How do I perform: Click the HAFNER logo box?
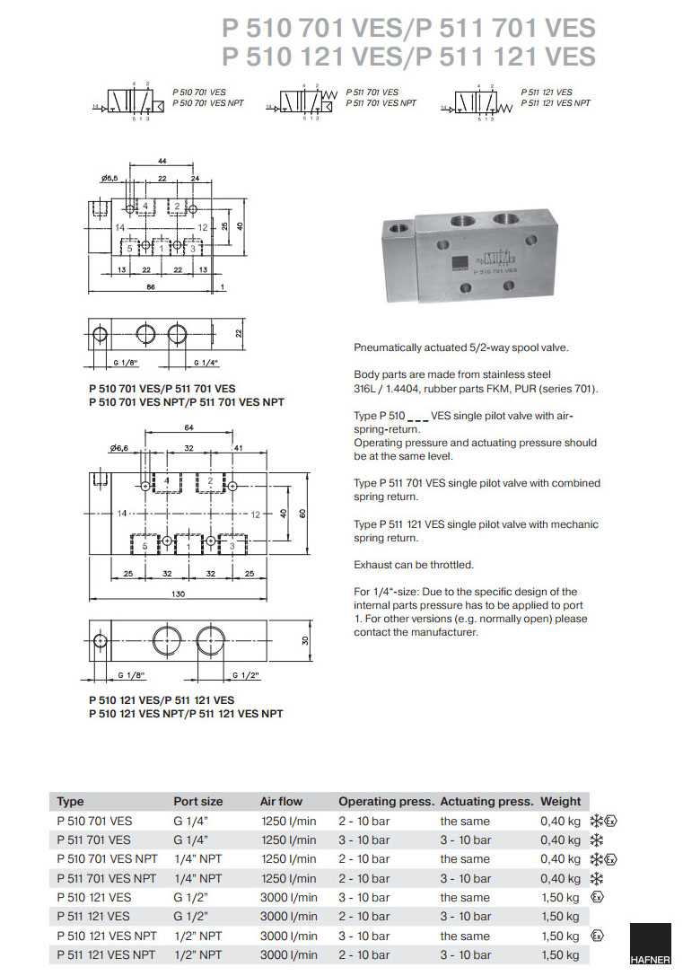(x=650, y=948)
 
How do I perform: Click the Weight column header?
(x=560, y=801)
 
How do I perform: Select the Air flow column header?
(x=281, y=801)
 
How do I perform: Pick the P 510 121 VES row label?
(x=93, y=897)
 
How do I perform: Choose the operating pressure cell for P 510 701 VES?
(x=363, y=821)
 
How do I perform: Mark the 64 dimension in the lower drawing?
(x=188, y=428)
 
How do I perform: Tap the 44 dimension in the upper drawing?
(x=162, y=160)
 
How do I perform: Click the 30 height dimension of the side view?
(x=304, y=640)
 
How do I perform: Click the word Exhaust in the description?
(x=374, y=565)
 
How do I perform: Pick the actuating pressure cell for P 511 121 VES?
(x=465, y=916)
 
